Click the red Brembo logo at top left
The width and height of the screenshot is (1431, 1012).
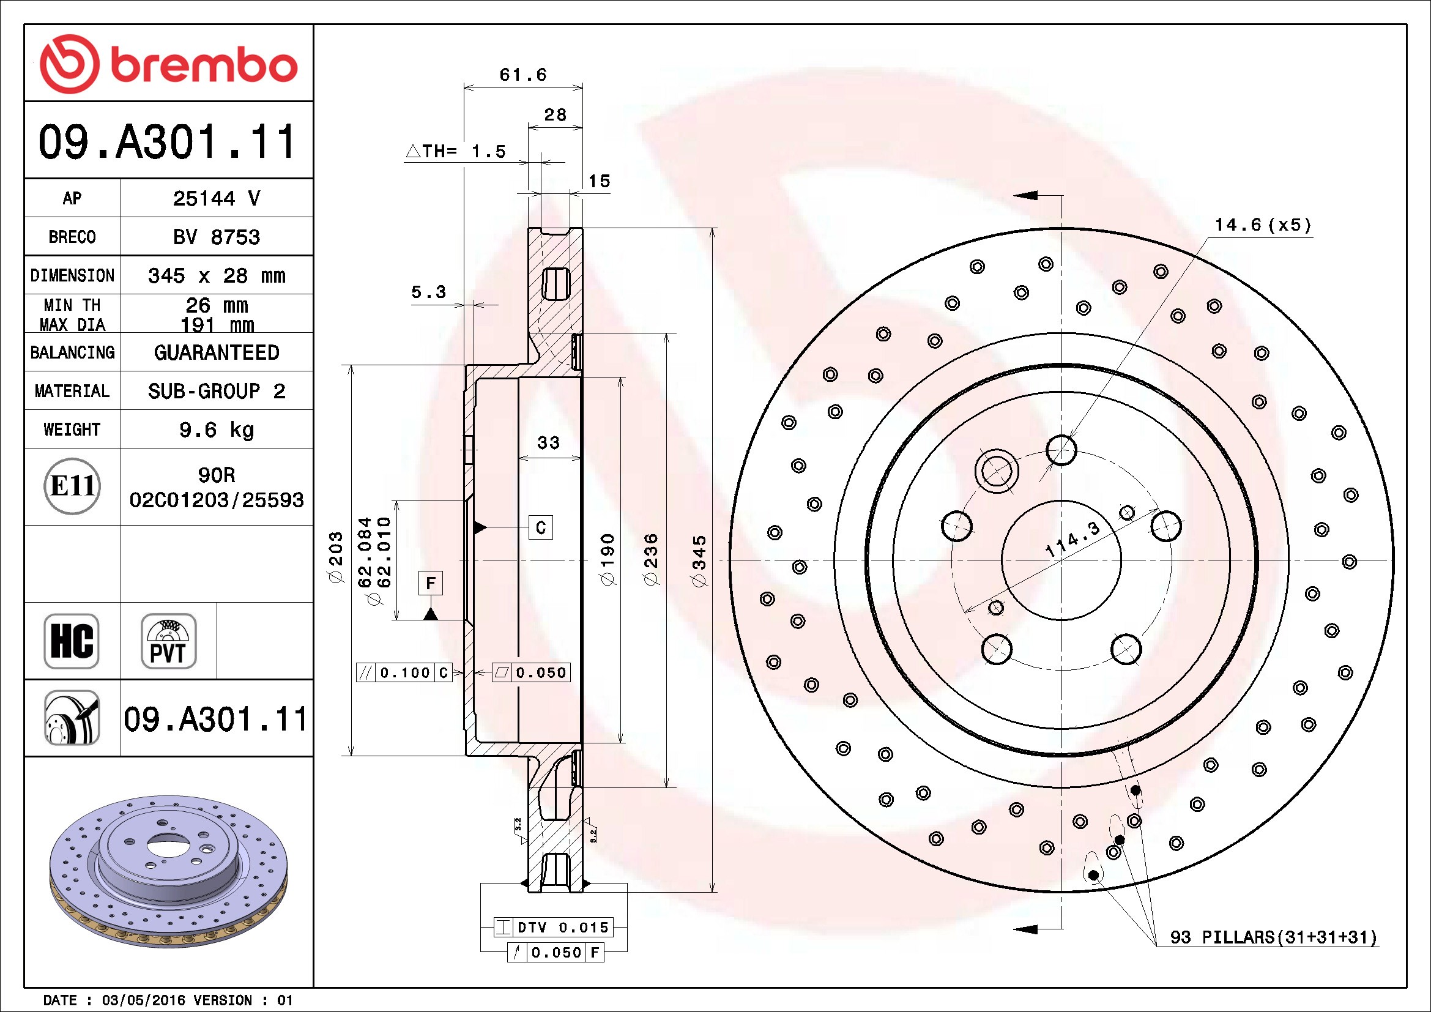pyautogui.click(x=168, y=64)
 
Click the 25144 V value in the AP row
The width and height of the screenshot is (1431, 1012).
pyautogui.click(x=216, y=198)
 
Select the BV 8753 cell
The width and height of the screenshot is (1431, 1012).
pyautogui.click(x=216, y=237)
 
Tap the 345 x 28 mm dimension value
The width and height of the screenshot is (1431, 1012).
pyautogui.click(x=216, y=275)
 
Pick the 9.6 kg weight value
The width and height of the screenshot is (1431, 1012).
pyautogui.click(x=216, y=430)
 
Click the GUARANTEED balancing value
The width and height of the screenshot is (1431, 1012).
pyautogui.click(x=216, y=352)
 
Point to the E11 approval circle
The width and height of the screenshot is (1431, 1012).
pyautogui.click(x=72, y=486)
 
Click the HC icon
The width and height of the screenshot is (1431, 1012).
pyautogui.click(x=72, y=641)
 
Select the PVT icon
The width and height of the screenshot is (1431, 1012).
pyautogui.click(x=168, y=641)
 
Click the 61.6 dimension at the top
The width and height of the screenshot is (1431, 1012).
pyautogui.click(x=524, y=75)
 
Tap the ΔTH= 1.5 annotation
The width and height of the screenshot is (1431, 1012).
pyautogui.click(x=456, y=151)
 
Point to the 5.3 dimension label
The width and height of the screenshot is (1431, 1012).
pyautogui.click(x=429, y=292)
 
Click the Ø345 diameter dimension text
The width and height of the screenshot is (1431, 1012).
pyautogui.click(x=700, y=560)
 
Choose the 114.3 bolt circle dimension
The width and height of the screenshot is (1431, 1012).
pyautogui.click(x=1072, y=540)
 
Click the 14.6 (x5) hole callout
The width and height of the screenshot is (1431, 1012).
pyautogui.click(x=1263, y=225)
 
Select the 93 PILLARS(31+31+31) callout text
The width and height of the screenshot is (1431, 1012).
pyautogui.click(x=1273, y=937)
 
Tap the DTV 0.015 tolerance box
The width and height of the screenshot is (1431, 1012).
pyautogui.click(x=554, y=927)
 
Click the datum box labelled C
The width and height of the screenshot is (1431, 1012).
pyautogui.click(x=541, y=528)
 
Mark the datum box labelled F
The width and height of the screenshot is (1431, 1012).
pyautogui.click(x=431, y=583)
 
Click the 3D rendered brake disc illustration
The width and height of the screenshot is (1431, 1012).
pyautogui.click(x=168, y=871)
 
